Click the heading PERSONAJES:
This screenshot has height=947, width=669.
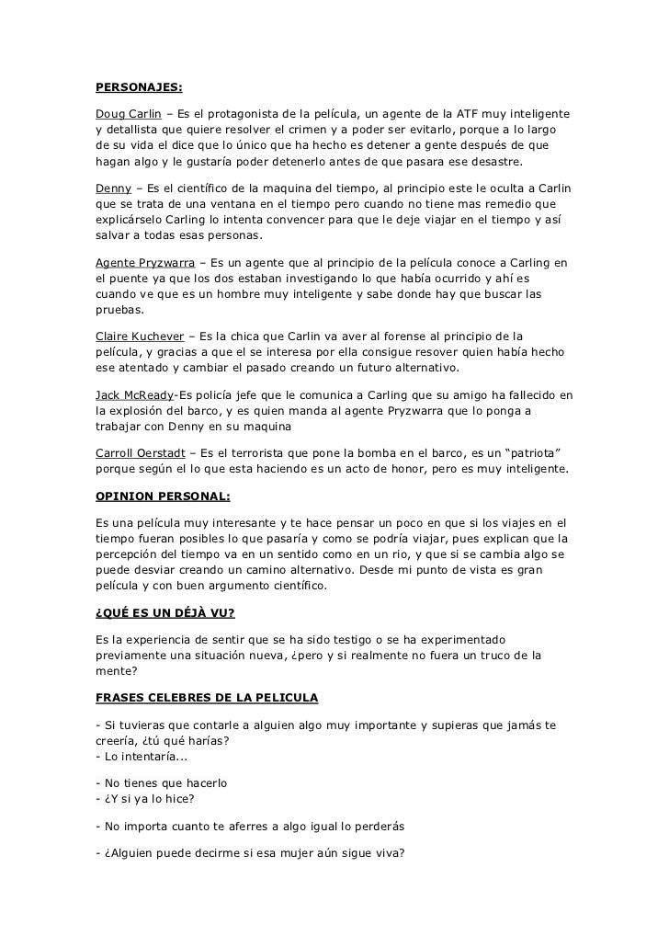point(139,89)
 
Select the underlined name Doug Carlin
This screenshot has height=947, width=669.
point(129,114)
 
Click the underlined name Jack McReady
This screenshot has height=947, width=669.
point(135,395)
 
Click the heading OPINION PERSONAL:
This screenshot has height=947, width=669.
point(164,496)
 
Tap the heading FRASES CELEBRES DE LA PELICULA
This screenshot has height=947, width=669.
point(207,698)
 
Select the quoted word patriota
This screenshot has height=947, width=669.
point(543,454)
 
